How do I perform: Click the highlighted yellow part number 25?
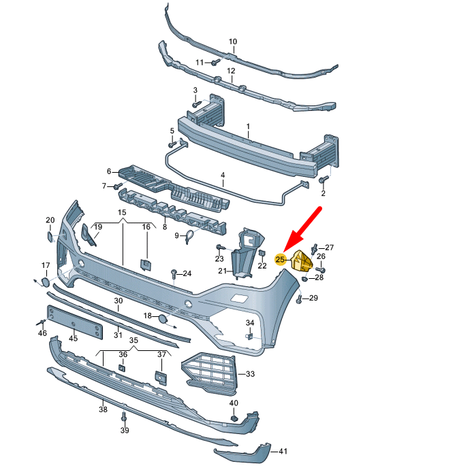point(279,259)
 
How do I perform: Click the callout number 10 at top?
point(233,42)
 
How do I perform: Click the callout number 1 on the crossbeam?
point(248,127)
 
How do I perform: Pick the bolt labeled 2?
point(324,180)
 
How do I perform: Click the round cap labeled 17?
point(44,281)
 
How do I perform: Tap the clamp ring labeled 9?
point(190,235)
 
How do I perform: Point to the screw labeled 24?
point(174,273)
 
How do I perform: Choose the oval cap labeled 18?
point(163,318)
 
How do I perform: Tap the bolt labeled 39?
point(124,416)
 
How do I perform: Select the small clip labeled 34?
point(250,335)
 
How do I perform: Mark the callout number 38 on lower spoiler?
point(103,409)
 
